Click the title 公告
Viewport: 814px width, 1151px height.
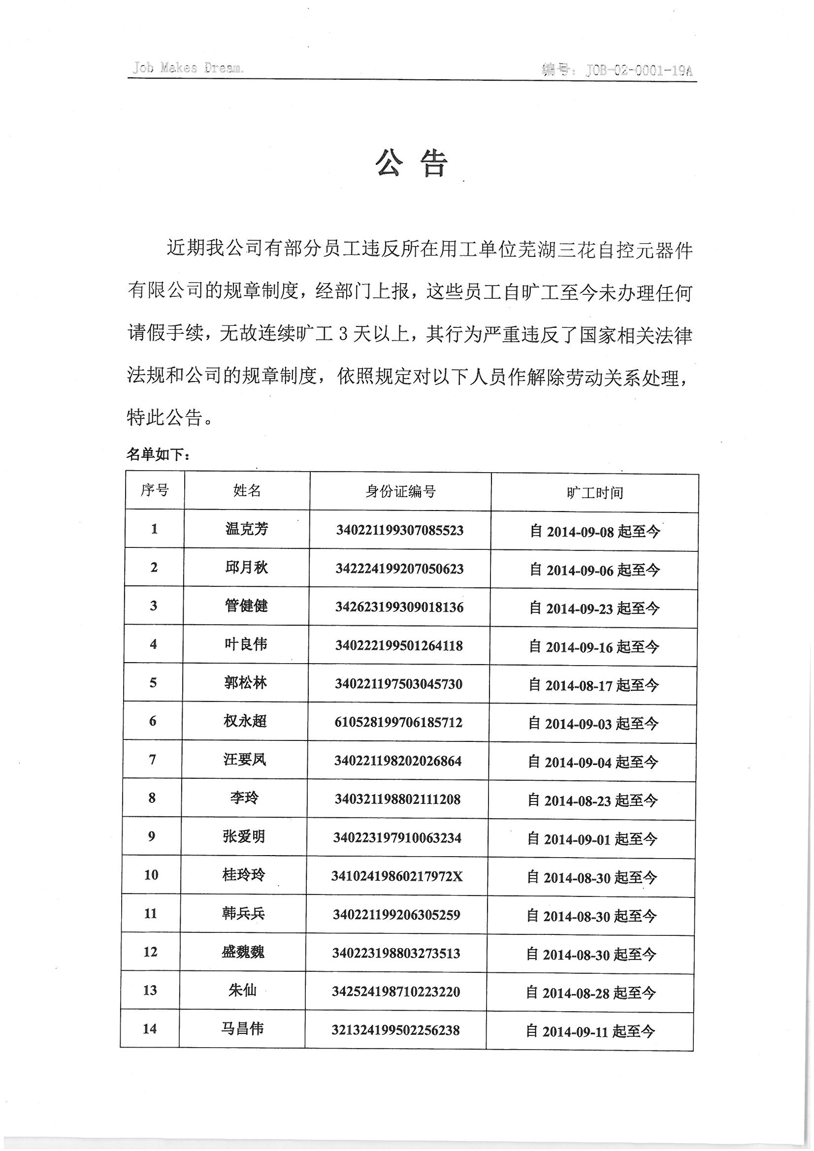click(x=411, y=163)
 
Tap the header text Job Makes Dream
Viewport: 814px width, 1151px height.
click(x=188, y=68)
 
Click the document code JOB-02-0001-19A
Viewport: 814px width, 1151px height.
click(x=639, y=71)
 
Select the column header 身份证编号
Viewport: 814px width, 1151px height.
click(x=400, y=491)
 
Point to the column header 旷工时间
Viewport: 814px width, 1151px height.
click(x=595, y=493)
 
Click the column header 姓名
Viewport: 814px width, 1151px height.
click(x=247, y=490)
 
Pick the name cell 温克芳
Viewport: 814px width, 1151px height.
click(x=247, y=529)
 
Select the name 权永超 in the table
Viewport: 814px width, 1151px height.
click(x=245, y=721)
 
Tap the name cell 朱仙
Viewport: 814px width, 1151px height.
click(x=243, y=990)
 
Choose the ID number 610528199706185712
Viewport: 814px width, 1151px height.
click(x=398, y=722)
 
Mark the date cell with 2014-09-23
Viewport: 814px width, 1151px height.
click(x=594, y=608)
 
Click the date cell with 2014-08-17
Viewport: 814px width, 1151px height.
click(x=593, y=685)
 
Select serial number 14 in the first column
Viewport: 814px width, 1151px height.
click(x=150, y=1029)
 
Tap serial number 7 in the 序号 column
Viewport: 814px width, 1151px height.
click(x=153, y=760)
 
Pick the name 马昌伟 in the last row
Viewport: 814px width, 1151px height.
click(x=242, y=1029)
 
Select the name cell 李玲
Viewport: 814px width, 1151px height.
click(x=244, y=798)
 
